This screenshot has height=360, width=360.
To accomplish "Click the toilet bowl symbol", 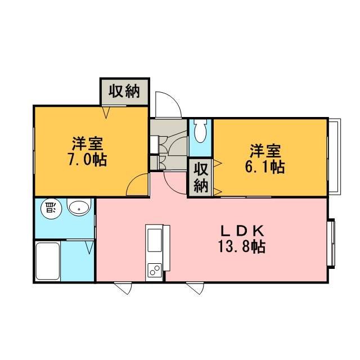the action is point(200,131).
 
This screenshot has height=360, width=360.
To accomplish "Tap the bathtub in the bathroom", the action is point(48,261).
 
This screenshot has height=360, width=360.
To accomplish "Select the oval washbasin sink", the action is point(79,208).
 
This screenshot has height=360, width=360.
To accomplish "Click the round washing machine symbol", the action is point(51,209).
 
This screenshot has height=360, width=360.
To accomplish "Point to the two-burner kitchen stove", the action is point(155,271).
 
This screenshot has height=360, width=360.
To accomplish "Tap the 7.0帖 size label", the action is point(87,160).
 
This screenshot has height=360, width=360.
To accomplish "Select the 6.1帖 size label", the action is point(265,166).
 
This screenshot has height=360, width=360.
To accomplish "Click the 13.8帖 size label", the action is point(242,246).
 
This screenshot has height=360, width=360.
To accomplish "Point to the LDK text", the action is point(242,231).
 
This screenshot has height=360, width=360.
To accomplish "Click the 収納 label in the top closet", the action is point(124,91).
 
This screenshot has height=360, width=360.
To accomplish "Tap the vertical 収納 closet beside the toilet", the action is point(201,178).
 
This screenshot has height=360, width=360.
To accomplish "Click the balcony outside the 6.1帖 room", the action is point(335,156).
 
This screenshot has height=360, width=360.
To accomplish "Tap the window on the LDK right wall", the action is point(331,244).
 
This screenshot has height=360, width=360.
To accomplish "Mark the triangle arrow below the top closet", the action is point(106,112).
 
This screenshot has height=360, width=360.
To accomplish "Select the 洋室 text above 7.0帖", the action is point(88,144).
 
